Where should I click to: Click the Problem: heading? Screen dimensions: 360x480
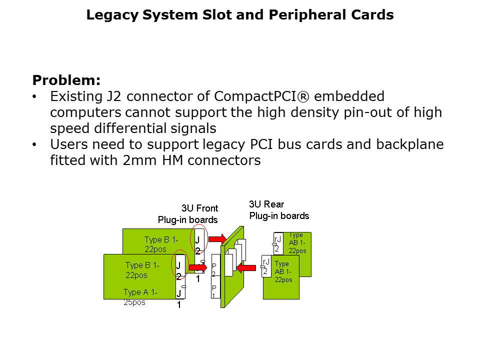(66, 80)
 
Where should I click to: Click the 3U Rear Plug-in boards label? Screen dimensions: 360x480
(279, 210)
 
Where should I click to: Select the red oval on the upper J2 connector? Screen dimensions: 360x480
(199, 238)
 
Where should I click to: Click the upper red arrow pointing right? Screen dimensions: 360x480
(216, 239)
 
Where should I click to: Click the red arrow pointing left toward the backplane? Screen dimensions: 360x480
(246, 268)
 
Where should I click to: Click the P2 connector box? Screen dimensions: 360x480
(214, 270)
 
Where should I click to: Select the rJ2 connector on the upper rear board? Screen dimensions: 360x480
(278, 241)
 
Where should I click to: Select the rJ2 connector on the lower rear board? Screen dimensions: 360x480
(266, 266)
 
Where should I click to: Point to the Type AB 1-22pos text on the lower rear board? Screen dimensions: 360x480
(283, 271)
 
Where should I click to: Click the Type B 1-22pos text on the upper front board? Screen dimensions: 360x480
(161, 243)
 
